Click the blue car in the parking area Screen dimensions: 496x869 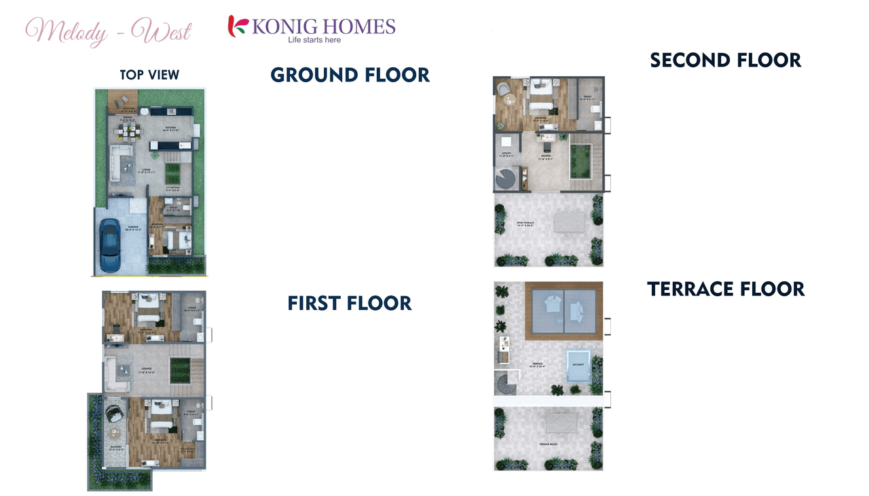(109, 245)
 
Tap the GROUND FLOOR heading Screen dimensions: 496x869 (350, 75)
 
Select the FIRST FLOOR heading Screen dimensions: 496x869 (350, 303)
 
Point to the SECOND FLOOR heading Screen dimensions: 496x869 (725, 60)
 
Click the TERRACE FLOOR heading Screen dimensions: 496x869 (726, 289)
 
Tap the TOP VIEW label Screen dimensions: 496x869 (149, 75)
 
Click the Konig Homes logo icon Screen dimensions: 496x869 (238, 26)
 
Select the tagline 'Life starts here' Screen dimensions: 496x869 (314, 40)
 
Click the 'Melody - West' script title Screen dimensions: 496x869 (109, 31)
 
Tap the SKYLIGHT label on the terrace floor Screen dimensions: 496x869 (578, 364)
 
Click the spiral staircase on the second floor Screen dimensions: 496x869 (506, 179)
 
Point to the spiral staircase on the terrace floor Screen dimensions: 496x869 (506, 385)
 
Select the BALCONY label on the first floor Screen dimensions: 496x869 (115, 446)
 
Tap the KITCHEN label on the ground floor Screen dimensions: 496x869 (170, 128)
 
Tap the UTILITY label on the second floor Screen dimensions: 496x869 (506, 156)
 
